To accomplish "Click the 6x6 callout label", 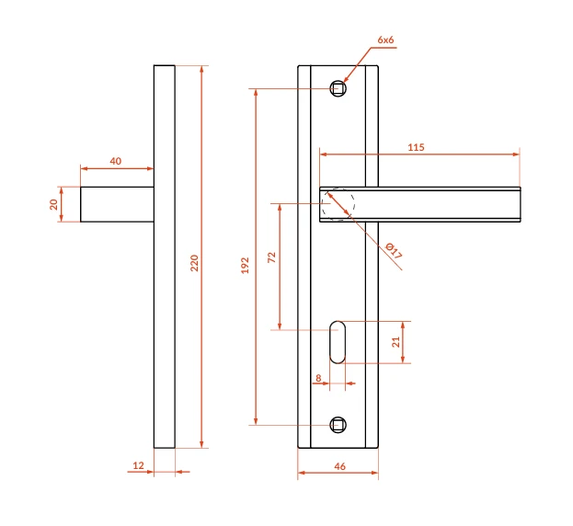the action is click(x=385, y=40).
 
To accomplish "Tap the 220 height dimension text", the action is click(x=194, y=263).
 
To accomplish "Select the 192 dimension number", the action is click(x=245, y=266).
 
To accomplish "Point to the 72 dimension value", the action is click(x=271, y=257).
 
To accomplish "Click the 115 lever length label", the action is click(x=416, y=147).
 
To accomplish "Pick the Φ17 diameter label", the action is click(x=395, y=251).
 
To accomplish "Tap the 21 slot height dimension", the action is click(x=395, y=342).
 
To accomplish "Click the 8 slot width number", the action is click(x=318, y=378).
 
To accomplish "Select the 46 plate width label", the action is click(x=340, y=466).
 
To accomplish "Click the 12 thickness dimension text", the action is click(x=139, y=465).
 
